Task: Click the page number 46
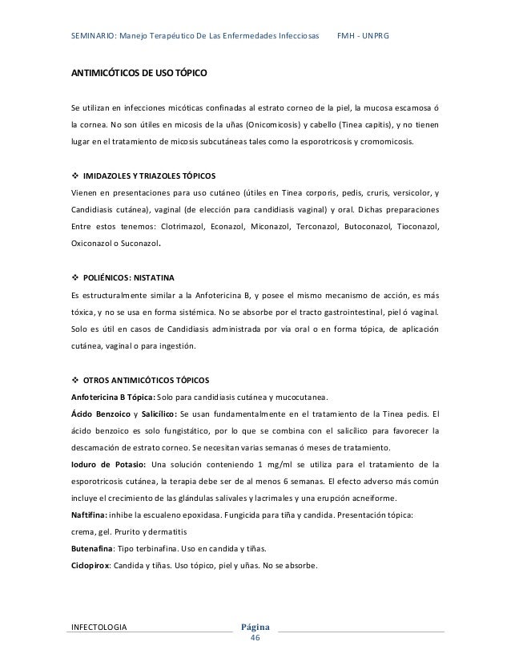click(255, 638)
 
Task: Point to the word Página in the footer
click(255, 626)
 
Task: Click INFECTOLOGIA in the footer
click(99, 626)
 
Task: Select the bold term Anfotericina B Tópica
click(114, 396)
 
